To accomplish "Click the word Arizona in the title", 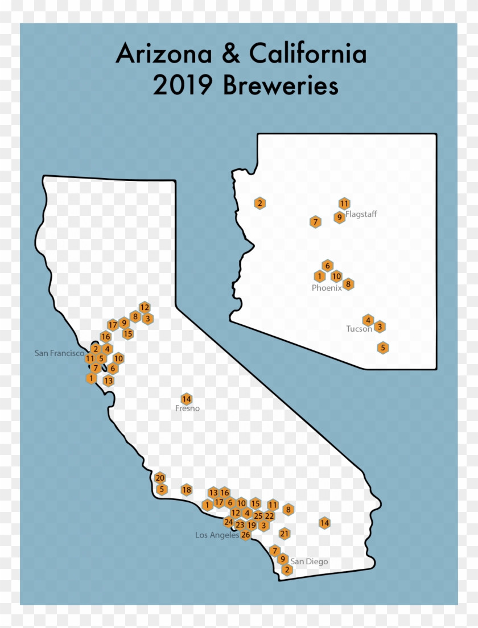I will [x=160, y=55].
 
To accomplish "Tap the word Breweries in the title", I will [x=281, y=86].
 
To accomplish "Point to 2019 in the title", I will [x=184, y=86].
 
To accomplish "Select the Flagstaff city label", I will [x=361, y=214].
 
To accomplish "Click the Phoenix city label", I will [x=327, y=288].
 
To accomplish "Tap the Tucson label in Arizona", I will [x=358, y=329].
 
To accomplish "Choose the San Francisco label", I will [x=59, y=353].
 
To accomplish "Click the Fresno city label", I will [x=187, y=408].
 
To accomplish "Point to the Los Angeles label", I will [x=217, y=535].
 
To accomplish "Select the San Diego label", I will [x=309, y=561].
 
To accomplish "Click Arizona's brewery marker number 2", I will [x=259, y=203].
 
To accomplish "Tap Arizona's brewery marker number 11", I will [x=344, y=203].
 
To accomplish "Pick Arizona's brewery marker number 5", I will [x=383, y=348].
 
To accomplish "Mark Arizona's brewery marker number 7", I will [x=315, y=222].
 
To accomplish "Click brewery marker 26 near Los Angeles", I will [x=246, y=535].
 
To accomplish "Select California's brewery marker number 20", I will [x=160, y=478].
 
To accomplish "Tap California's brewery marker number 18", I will [x=186, y=490].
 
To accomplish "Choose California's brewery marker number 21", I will [x=285, y=534].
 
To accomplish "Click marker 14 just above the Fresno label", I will [x=186, y=399].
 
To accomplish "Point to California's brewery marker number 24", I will [x=228, y=522].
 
